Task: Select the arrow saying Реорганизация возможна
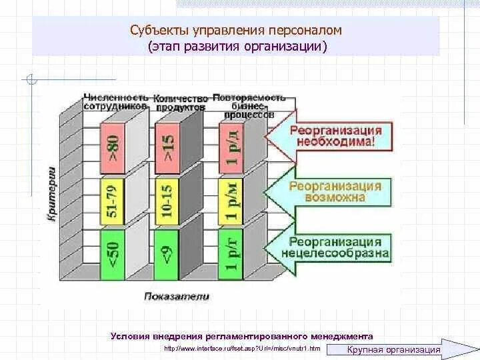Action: [x=330, y=191]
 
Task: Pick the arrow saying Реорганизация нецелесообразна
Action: [x=330, y=247]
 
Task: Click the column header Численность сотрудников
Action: [x=114, y=102]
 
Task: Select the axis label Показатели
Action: [x=177, y=296]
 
